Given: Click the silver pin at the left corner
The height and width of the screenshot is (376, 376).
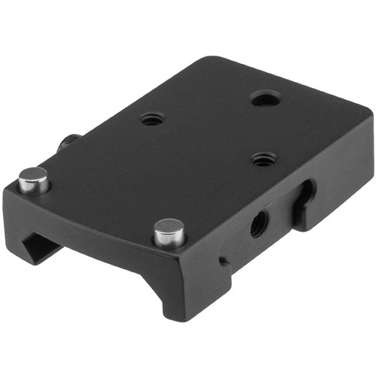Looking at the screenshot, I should (x=34, y=181).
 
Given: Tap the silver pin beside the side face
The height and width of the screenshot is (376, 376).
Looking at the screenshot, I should (x=169, y=232).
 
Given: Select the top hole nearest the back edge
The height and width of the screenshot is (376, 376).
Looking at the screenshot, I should (x=265, y=98).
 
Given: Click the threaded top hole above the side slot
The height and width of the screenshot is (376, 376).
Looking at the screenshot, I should (x=262, y=158).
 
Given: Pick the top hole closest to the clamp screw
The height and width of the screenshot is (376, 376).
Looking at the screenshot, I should (x=152, y=119).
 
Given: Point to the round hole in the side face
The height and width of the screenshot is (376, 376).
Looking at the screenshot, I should (x=257, y=223).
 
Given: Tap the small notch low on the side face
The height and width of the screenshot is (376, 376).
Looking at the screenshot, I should (x=223, y=261).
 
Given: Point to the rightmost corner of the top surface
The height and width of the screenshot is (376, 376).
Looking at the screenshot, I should (x=370, y=113).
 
